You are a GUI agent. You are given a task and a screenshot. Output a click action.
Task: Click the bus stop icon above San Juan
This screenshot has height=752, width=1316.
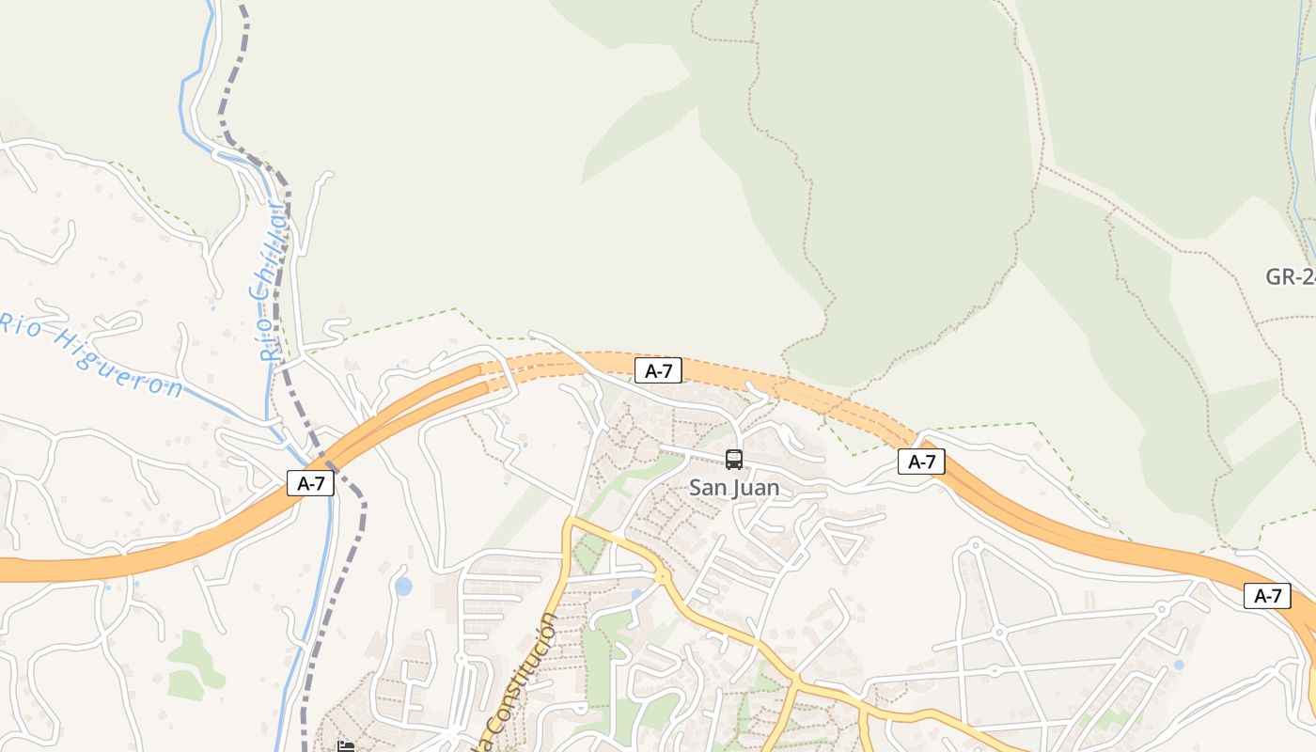point(734,460)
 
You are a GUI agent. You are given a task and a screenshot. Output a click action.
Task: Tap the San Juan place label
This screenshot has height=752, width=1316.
point(734,488)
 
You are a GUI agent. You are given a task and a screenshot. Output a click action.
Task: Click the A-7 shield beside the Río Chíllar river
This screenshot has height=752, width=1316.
point(310,483)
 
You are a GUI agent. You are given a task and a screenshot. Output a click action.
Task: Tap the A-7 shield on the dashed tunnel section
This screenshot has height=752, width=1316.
point(658,370)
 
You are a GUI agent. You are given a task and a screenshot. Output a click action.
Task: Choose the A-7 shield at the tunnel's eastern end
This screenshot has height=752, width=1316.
point(921,462)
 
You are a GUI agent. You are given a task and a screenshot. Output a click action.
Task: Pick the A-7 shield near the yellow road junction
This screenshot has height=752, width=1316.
point(1267,595)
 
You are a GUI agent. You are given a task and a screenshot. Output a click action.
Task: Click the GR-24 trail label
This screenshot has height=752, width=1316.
point(1291,276)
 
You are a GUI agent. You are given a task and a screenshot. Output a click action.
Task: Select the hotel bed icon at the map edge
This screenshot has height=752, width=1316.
point(346,746)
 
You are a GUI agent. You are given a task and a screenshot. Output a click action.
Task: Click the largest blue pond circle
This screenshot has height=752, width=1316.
point(403,587)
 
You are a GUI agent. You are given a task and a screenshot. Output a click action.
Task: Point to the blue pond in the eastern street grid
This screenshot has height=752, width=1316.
point(1179,665)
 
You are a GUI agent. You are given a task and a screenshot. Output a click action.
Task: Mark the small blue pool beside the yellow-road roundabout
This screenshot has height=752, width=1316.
point(637,593)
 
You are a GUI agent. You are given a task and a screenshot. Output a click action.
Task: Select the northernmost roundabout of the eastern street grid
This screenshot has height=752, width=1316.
point(975,544)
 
